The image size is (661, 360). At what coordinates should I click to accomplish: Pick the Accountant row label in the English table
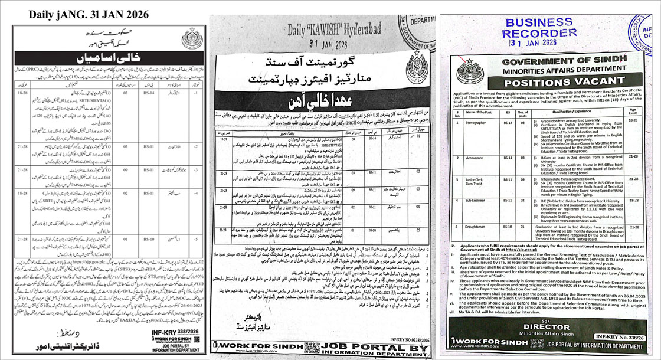pyautogui.click(x=475, y=159)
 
